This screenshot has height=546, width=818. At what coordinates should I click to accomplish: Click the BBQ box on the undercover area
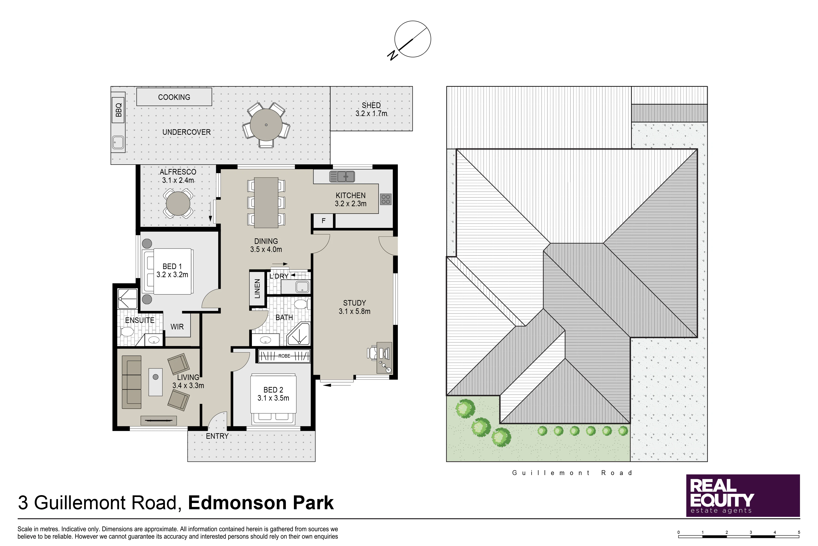point(118,110)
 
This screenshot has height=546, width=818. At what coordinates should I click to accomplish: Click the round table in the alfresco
point(178,204)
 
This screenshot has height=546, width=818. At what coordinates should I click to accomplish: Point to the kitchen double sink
point(342,177)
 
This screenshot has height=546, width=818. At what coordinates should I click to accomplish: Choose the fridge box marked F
point(323,221)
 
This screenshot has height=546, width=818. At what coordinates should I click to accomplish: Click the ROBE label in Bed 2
point(284,356)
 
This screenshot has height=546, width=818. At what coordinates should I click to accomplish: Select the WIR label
point(177,327)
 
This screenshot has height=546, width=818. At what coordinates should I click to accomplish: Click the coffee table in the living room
point(155,382)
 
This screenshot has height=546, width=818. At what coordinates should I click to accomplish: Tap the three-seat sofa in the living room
point(131,382)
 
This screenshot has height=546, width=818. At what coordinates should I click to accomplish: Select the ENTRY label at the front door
point(217,436)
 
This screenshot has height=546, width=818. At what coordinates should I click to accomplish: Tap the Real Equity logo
point(743,496)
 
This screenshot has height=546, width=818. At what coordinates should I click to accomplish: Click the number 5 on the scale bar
point(799,532)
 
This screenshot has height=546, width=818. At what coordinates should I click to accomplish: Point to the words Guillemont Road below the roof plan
point(572,473)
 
